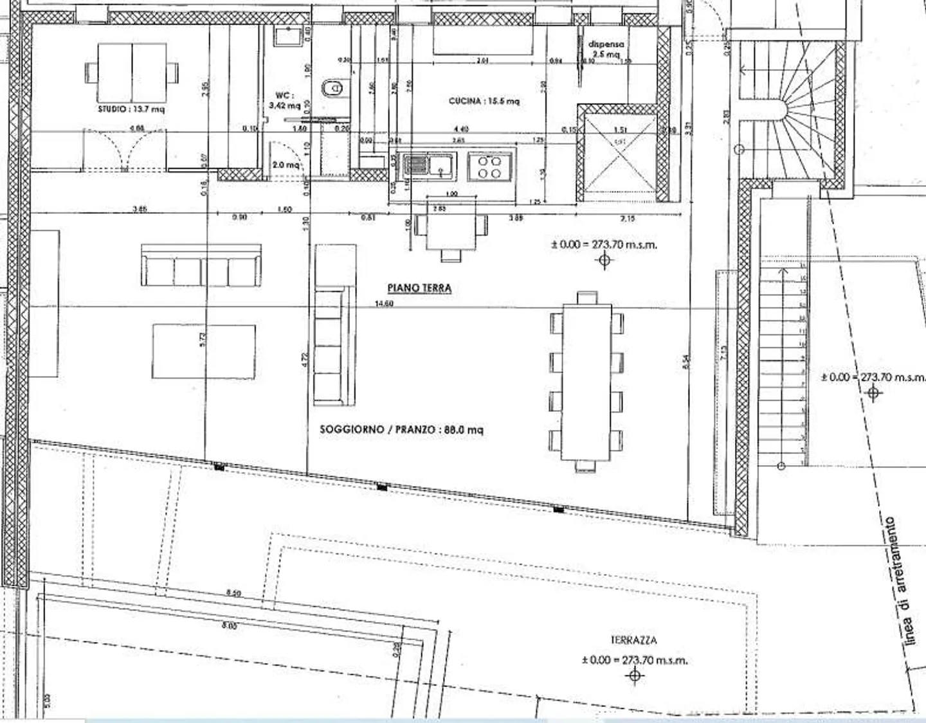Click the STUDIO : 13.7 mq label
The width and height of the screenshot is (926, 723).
point(131,109)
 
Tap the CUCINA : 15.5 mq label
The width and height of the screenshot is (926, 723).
point(484,101)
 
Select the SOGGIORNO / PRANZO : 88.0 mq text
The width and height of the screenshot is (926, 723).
point(401,429)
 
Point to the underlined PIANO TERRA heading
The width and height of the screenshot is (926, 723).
point(419,288)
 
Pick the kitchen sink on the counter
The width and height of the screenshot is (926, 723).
point(428,165)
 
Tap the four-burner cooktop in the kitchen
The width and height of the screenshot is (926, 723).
point(490,166)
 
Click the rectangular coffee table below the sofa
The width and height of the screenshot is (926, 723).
point(203,352)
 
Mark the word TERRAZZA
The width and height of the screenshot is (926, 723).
point(633,640)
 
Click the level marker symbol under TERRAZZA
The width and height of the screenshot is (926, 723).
point(635,675)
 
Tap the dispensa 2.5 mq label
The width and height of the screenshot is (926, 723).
point(606,49)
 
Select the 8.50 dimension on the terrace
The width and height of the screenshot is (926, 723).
point(233,594)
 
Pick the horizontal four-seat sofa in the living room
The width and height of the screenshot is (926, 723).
point(201,265)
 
